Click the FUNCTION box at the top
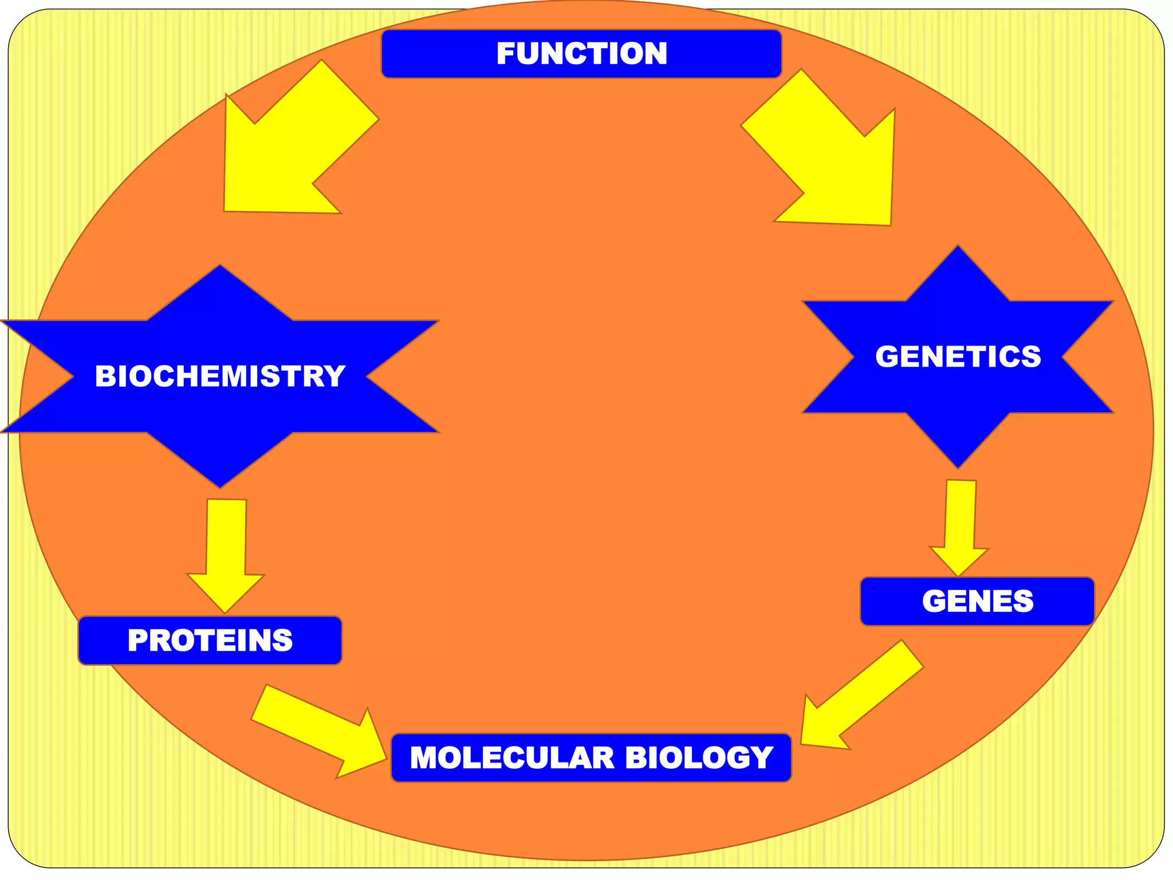pyautogui.click(x=581, y=54)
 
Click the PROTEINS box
pyautogui.click(x=210, y=641)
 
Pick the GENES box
pyautogui.click(x=977, y=601)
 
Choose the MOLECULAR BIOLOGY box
pyautogui.click(x=591, y=757)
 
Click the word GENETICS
pyautogui.click(x=958, y=356)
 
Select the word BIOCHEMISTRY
pyautogui.click(x=220, y=376)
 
